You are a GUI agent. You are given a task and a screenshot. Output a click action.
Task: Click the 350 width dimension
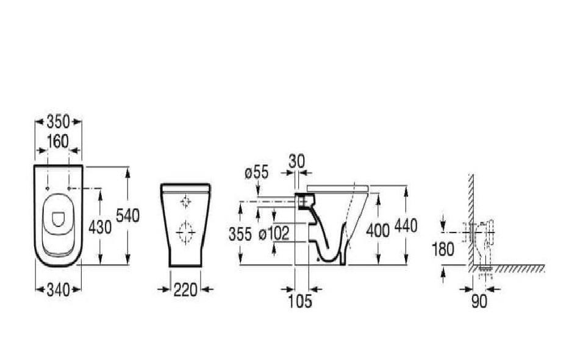coord(59,121)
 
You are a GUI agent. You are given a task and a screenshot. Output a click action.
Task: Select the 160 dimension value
coord(59,142)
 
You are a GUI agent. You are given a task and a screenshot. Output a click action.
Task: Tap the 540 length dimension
coord(128,216)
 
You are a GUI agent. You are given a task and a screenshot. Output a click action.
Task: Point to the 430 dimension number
coord(100,227)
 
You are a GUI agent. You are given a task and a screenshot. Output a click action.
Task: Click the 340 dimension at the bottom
coord(59,290)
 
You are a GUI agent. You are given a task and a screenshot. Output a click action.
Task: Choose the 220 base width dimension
coord(185,290)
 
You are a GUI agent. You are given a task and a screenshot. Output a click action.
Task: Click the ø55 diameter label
coord(257,173)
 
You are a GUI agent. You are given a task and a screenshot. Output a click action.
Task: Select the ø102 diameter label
coord(274,234)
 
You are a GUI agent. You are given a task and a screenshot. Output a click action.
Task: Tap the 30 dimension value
coord(297,161)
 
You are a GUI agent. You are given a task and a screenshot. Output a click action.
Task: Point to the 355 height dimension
coord(240,235)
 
